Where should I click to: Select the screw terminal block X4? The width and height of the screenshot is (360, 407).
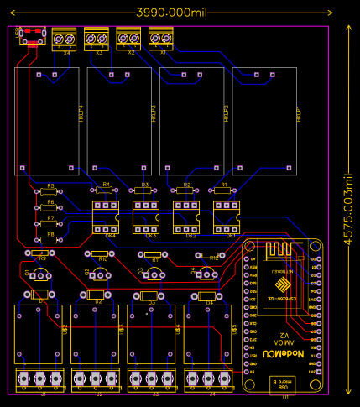(65, 39)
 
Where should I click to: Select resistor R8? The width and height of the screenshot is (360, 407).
(50, 240)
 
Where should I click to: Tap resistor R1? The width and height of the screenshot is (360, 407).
(223, 190)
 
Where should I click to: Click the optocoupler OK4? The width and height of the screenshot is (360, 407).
(107, 217)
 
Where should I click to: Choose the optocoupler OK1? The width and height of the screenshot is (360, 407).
(227, 217)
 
